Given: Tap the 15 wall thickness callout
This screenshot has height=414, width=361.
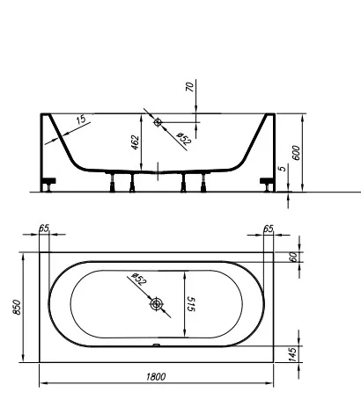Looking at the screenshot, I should pyautogui.click(x=80, y=120).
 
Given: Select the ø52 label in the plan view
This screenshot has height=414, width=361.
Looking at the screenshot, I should pyautogui.click(x=139, y=280).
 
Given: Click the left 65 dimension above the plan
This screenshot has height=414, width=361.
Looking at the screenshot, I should pyautogui.click(x=45, y=229).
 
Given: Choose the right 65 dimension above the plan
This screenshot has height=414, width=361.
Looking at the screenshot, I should pyautogui.click(x=269, y=229).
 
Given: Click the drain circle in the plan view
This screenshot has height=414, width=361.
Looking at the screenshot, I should pyautogui.click(x=158, y=304).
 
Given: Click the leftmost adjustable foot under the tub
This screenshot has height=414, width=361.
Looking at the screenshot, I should pyautogui.click(x=112, y=182).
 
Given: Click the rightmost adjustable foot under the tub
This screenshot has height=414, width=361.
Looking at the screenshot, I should pyautogui.click(x=203, y=182).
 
